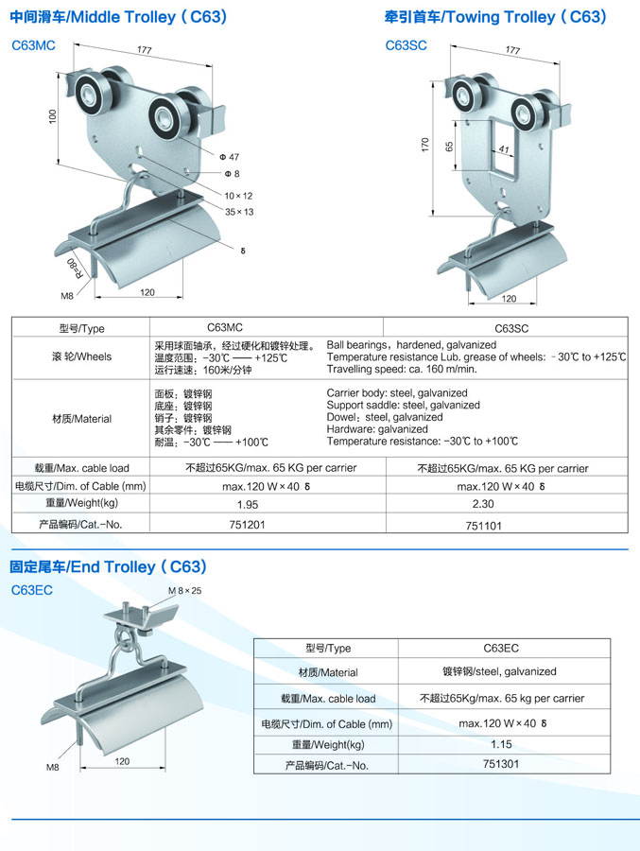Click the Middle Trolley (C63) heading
[118, 17]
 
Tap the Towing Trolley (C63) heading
[495, 17]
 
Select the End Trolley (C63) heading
[108, 566]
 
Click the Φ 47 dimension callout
[229, 157]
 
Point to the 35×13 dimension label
[239, 212]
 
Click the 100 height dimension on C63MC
[52, 116]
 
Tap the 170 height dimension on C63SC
[425, 145]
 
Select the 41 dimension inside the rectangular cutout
[504, 148]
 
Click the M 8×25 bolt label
[184, 590]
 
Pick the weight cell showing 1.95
[248, 504]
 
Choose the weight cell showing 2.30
[483, 504]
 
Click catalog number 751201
[247, 524]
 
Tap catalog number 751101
[484, 526]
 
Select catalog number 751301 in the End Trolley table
[501, 764]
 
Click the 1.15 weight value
[501, 744]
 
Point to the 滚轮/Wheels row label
[81, 356]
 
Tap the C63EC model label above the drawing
[32, 590]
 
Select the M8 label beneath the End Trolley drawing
[53, 767]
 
